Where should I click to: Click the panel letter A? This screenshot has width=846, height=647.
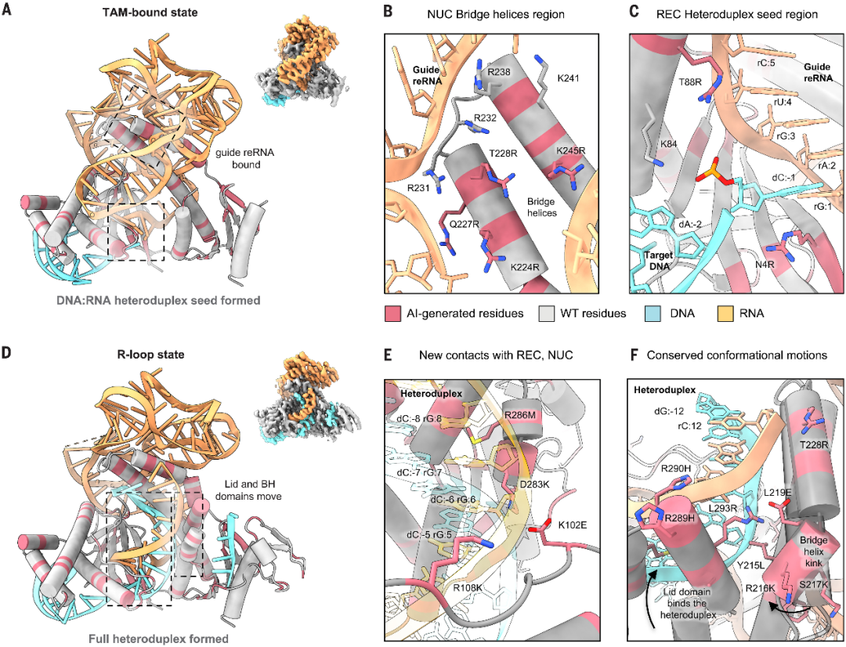click(x=6, y=10)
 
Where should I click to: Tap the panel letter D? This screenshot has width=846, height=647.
click(x=6, y=354)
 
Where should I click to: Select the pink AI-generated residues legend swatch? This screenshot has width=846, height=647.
click(x=392, y=313)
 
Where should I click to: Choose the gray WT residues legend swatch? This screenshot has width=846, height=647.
click(x=547, y=313)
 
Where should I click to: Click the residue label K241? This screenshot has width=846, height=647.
click(x=568, y=79)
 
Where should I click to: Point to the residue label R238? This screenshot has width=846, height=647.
click(x=499, y=71)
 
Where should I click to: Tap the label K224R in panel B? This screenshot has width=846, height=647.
click(x=525, y=266)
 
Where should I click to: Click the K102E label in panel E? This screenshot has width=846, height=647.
click(x=573, y=523)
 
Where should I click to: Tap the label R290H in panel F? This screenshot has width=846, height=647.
click(x=676, y=468)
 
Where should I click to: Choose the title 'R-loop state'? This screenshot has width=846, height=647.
click(x=150, y=355)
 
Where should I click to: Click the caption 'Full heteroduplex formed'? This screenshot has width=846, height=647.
click(x=150, y=639)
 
